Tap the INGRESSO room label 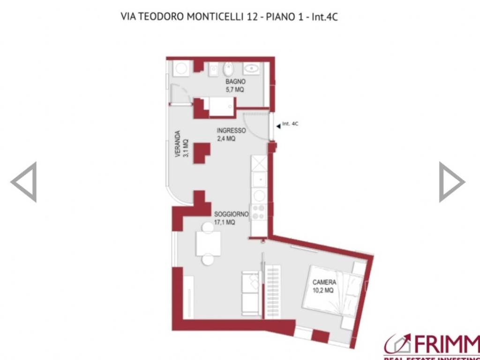231,130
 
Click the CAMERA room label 324,283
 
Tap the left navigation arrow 23,182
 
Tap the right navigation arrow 451,182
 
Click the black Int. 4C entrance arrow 278,125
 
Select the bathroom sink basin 253,69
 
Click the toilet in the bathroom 228,69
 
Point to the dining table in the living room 209,243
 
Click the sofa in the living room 250,293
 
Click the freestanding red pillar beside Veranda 201,152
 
